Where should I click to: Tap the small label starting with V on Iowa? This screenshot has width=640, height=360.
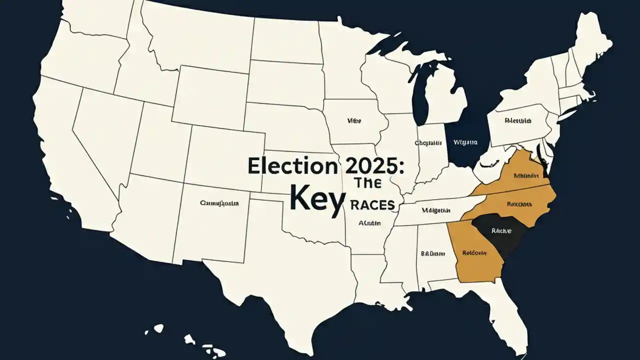(354, 121)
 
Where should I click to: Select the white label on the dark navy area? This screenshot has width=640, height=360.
(465, 142)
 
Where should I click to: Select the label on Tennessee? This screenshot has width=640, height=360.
(436, 210)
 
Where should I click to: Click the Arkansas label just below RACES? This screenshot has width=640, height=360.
(370, 223)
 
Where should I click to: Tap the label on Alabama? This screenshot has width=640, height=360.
(432, 253)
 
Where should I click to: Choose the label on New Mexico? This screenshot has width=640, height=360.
(219, 203)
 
